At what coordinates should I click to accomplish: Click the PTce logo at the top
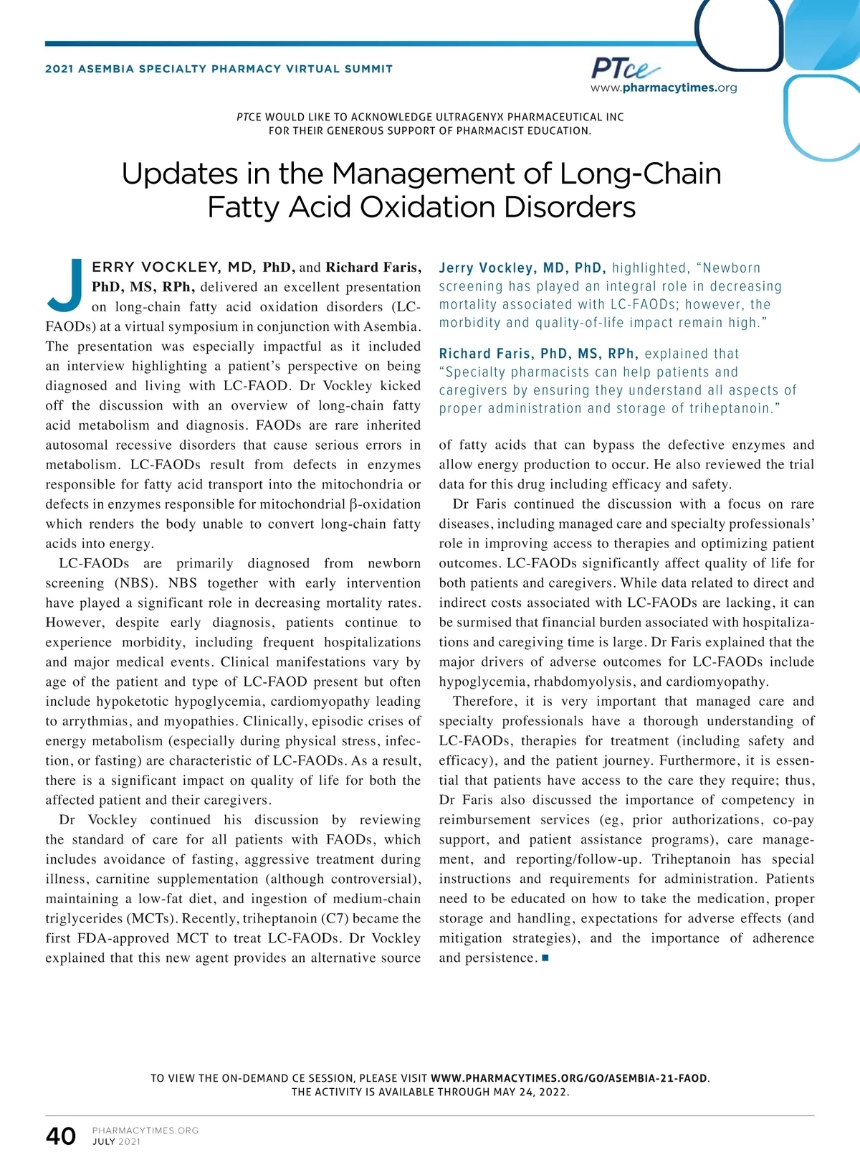624,69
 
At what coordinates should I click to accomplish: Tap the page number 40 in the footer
61,1136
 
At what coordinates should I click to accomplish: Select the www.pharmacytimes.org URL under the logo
664,88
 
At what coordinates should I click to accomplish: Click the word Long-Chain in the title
640,174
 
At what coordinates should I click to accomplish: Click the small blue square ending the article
545,958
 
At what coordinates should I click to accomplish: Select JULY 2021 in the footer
117,1142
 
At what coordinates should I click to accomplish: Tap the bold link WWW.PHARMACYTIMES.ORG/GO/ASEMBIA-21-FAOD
569,1078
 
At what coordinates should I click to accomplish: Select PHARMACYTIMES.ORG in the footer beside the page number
145,1131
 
